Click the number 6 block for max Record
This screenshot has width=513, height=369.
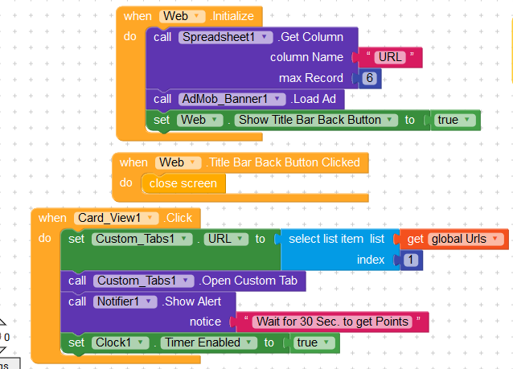point(369,78)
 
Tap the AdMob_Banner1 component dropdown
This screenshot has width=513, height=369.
point(232,99)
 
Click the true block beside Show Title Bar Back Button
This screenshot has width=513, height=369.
point(455,120)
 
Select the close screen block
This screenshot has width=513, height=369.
point(183,183)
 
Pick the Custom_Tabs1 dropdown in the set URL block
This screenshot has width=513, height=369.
point(142,239)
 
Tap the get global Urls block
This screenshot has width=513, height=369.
point(455,239)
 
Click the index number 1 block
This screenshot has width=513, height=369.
point(410,260)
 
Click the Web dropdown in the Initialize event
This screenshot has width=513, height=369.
point(181,16)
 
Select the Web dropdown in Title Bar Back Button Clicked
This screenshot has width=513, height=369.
point(177,162)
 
